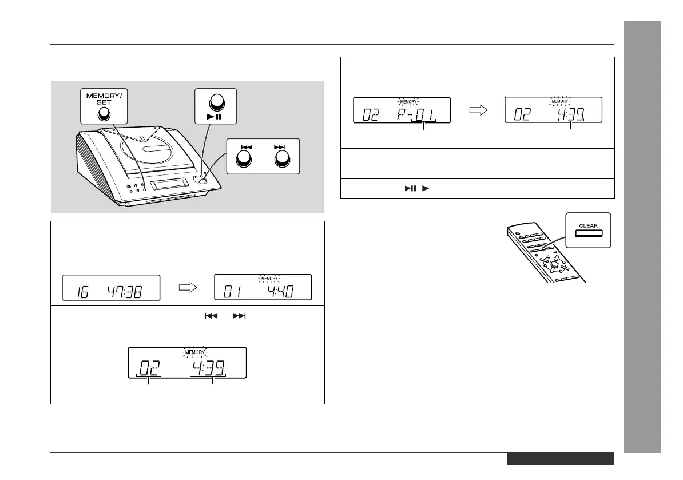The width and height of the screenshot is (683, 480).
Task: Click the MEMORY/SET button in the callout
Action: pos(102,114)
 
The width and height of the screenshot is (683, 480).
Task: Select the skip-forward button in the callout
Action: pos(280,162)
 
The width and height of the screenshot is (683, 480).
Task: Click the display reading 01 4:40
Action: pos(263,287)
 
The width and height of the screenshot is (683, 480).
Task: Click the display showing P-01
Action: pos(402,110)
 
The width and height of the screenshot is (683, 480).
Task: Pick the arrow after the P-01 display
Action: pos(477,110)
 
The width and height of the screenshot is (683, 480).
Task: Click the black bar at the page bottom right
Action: pos(560,459)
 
